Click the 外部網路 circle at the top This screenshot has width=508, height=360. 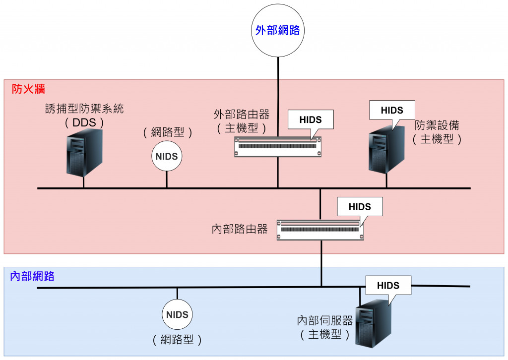click(x=277, y=31)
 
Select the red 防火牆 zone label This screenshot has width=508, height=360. click(x=28, y=89)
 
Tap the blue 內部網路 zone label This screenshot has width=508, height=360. click(x=32, y=277)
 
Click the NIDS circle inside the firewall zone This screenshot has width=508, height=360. click(x=167, y=157)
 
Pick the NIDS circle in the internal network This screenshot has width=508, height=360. click(x=177, y=314)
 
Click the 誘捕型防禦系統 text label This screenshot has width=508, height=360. click(x=84, y=109)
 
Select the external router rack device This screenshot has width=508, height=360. click(x=277, y=147)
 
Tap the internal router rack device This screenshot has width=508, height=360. click(x=320, y=230)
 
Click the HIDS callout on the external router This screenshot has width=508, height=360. click(x=311, y=120)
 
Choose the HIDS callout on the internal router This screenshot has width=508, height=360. click(x=360, y=207)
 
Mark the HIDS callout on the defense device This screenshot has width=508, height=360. click(x=392, y=110)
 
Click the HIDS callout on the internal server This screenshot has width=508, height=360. click(x=388, y=285)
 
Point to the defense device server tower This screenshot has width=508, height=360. click(x=385, y=149)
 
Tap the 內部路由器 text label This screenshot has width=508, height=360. click(x=240, y=229)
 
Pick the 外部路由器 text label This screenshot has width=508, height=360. click(x=242, y=115)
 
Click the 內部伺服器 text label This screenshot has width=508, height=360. click(x=325, y=320)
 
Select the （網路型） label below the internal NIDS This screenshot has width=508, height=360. click(x=177, y=340)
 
